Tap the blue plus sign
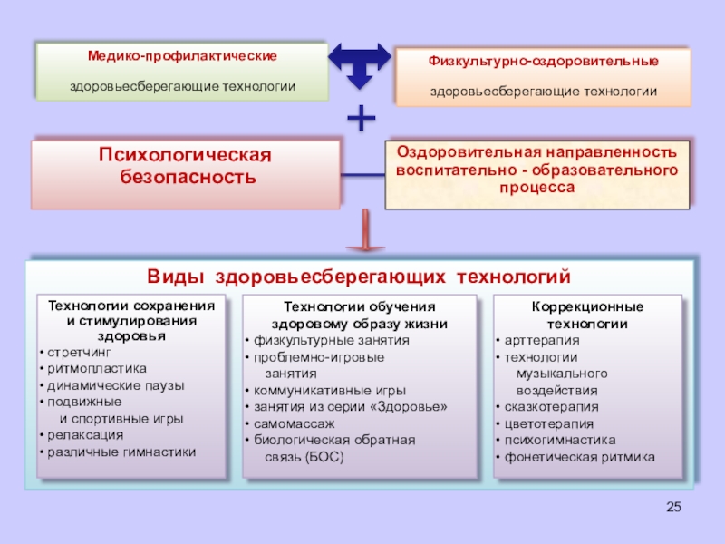pos(362,117)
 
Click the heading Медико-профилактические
pos(182,56)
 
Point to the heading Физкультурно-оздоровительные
pos(543,61)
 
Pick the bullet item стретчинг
pos(81,352)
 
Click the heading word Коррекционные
pos(587,306)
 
